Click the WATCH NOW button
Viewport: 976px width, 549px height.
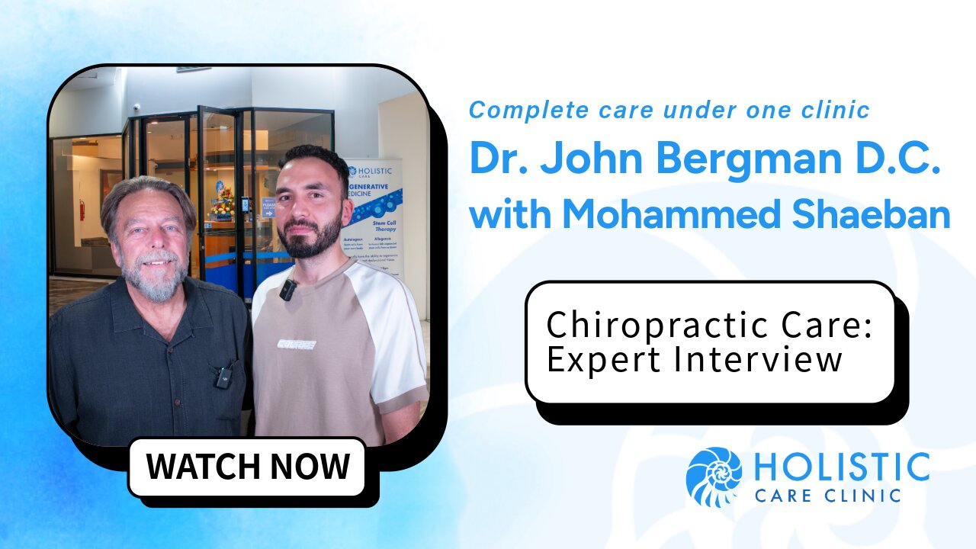[248, 466]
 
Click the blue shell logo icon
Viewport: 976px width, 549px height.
[714, 477]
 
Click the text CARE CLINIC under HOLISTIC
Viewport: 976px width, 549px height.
[828, 496]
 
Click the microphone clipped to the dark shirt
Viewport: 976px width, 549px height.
[223, 376]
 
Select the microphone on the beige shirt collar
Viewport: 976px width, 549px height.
[287, 291]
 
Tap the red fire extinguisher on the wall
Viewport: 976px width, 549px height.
[82, 210]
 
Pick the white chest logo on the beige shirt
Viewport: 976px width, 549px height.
[297, 343]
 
